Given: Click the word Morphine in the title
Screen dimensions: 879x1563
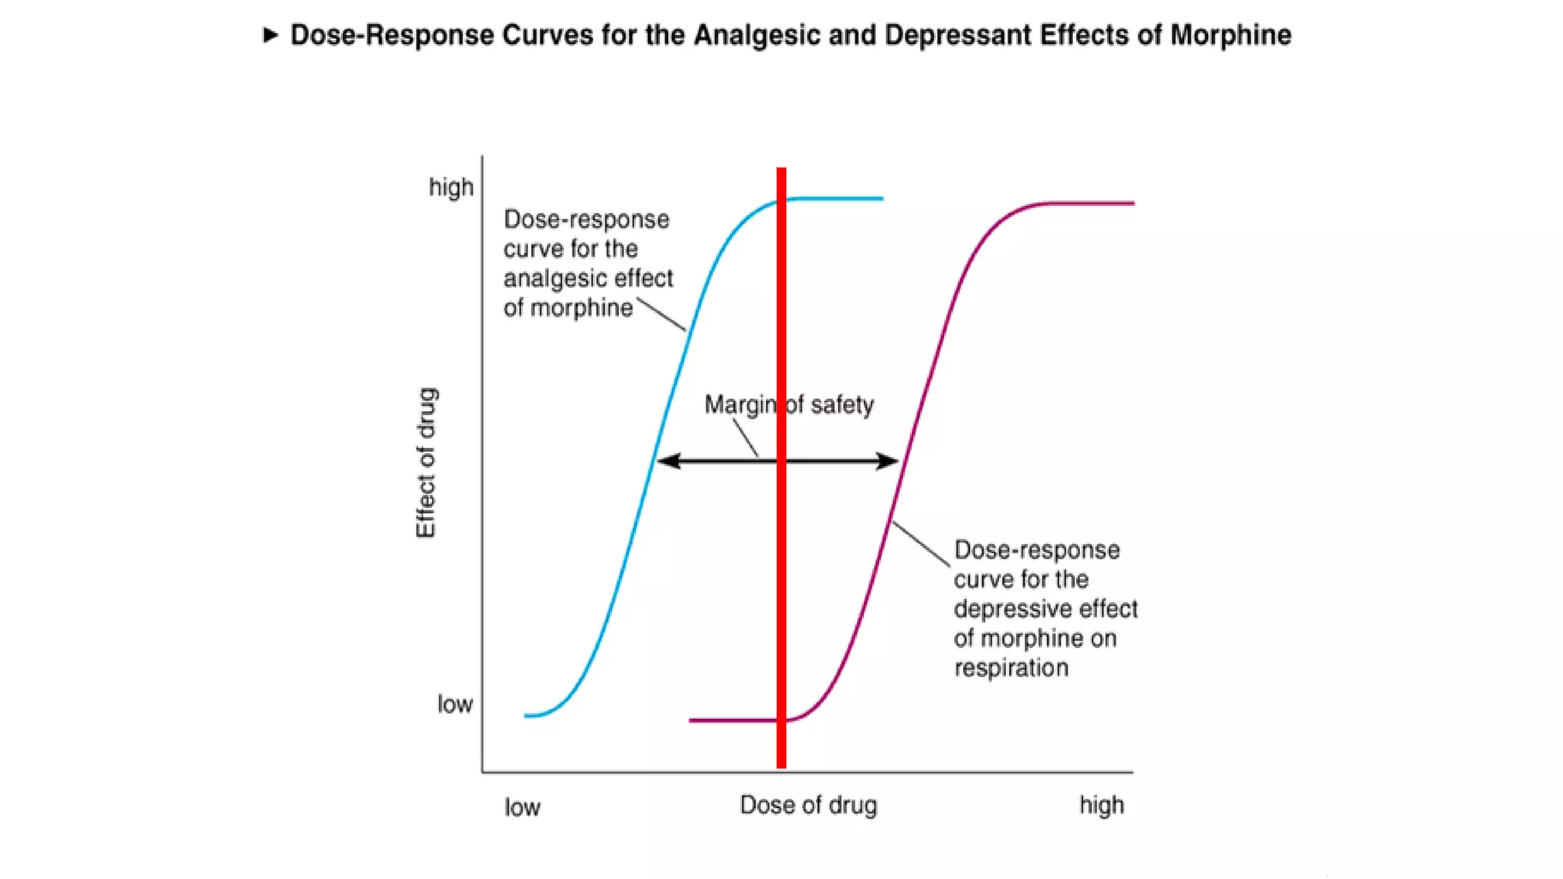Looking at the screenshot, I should coord(1230,35).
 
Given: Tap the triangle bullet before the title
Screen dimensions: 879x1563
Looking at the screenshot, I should coord(270,35).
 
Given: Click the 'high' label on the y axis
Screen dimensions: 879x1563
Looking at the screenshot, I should coord(451,187).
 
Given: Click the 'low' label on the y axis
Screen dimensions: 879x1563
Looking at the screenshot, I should coord(455,704).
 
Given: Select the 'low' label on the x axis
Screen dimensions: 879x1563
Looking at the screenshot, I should coord(522,807).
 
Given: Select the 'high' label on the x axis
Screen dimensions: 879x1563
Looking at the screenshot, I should coord(1101,805).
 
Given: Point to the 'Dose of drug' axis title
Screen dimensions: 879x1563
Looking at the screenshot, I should coord(808,805).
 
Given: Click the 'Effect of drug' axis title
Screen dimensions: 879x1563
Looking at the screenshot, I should coord(426,462).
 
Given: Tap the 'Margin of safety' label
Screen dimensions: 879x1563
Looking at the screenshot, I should coord(788,404).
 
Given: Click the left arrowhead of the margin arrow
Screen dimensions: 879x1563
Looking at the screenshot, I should coord(666,461).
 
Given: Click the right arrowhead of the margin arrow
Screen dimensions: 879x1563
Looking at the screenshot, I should coord(889,461).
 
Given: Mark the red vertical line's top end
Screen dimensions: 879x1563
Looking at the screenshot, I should coord(781,171).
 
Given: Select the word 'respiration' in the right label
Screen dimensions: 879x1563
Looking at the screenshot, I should coord(1011,668).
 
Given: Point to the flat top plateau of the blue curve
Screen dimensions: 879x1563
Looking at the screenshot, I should coord(840,198).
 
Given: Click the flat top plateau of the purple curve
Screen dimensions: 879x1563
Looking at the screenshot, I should coord(1091,203).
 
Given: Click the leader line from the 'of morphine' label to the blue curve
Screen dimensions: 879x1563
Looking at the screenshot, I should coord(661,315).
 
